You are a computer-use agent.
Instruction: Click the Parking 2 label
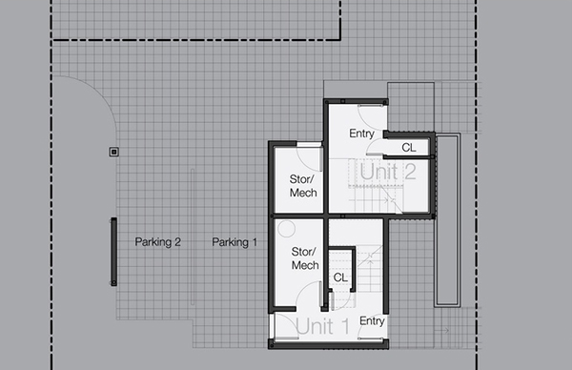157,242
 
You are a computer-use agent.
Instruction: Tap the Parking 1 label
235,242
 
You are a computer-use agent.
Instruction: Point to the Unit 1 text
322,328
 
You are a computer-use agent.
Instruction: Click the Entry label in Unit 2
361,134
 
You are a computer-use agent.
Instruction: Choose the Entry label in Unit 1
372,320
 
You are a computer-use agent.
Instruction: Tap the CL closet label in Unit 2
408,148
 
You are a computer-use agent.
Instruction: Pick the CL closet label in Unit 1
339,277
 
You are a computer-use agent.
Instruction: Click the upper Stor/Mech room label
303,186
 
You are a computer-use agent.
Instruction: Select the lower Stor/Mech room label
303,258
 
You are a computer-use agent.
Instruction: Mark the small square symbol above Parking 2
113,151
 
